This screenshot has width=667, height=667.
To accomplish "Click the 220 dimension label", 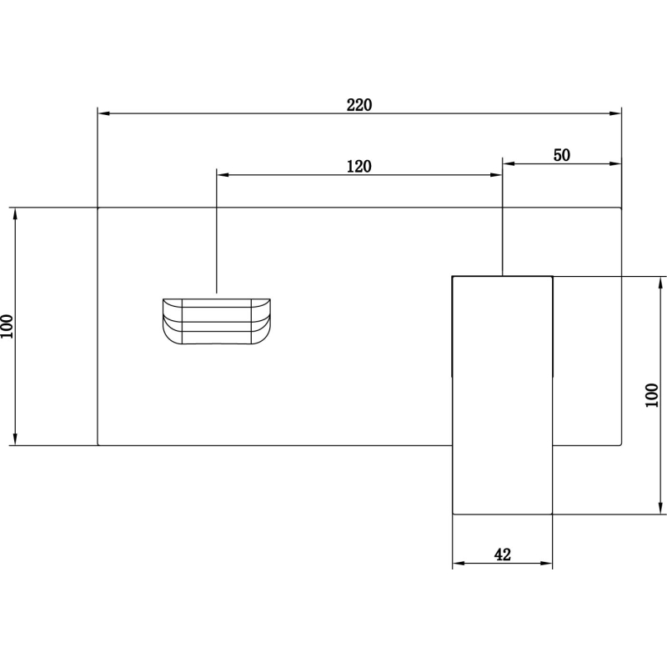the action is point(359,105).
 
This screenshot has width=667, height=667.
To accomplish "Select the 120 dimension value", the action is point(359,166).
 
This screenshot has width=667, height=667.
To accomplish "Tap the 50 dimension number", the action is point(561,155).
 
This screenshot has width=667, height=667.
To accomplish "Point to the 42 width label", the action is point(503,554).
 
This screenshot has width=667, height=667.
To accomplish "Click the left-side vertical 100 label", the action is point(7,326).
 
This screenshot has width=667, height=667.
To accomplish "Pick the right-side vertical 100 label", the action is point(652,395).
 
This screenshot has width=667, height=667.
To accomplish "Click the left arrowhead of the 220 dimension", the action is point(104,113).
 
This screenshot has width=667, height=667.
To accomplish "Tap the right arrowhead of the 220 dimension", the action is point(615,113).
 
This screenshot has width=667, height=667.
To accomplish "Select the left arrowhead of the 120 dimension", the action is point(223,175).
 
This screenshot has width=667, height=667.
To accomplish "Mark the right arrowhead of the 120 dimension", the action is point(496,175).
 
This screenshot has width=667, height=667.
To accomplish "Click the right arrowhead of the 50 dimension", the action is point(615,163).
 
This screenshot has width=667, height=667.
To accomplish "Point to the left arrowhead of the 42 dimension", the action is point(459,564).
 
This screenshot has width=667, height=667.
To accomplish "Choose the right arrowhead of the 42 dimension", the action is point(546,564).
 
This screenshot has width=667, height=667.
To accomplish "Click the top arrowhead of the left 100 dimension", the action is point(16,214).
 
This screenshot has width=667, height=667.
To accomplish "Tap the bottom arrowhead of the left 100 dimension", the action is point(16,439).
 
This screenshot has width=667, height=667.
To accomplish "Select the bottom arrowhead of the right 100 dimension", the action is point(660,508).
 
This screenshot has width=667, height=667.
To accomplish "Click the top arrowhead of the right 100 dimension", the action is point(660,283).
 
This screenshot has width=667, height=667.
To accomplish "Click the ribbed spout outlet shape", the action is point(217,321).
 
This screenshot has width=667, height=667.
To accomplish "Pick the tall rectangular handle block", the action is point(503,395).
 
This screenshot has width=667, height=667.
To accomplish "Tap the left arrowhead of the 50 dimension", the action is point(509,163).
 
